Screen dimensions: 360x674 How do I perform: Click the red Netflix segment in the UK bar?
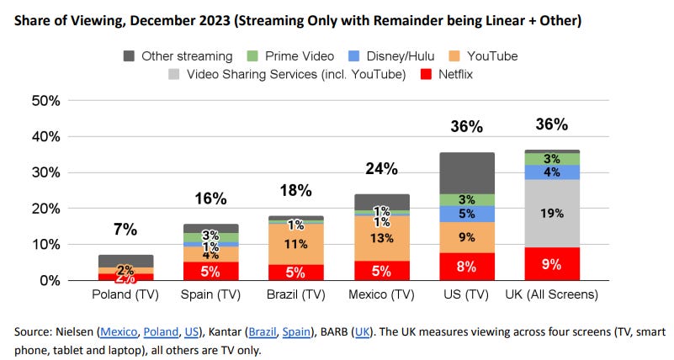point(551,263)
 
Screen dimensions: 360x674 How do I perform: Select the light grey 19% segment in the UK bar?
point(551,213)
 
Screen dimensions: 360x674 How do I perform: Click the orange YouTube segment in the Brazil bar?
point(295,244)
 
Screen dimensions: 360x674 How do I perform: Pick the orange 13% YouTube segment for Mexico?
point(380,238)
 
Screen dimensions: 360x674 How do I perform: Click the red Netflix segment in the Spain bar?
point(210,270)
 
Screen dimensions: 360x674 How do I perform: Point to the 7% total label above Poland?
point(125,230)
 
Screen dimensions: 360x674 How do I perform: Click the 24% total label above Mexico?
point(380,168)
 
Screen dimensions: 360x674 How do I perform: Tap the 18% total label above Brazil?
point(295,190)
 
